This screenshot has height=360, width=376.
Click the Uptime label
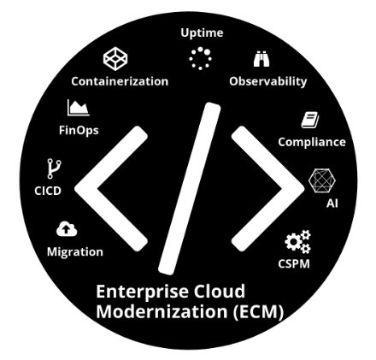[202, 33]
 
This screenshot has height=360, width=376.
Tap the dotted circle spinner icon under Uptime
[200, 58]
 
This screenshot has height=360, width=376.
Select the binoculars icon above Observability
[261, 59]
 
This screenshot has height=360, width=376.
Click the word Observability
[268, 82]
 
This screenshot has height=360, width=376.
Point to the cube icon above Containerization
[115, 59]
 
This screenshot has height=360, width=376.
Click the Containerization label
[120, 81]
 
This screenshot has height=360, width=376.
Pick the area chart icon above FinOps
[79, 108]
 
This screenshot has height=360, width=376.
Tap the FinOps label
[79, 131]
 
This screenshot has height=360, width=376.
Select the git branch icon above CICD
[54, 168]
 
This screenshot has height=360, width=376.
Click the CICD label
[48, 191]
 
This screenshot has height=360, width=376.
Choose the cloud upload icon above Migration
[67, 229]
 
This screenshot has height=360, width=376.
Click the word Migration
[75, 252]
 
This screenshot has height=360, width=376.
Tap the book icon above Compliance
[310, 120]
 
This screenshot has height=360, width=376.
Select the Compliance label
[312, 142]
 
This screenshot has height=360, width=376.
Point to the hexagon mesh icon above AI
[322, 180]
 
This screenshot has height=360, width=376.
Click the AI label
[332, 204]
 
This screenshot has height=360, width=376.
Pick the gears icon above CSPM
[297, 242]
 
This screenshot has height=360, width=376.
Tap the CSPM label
[294, 264]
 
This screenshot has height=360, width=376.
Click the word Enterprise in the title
[143, 292]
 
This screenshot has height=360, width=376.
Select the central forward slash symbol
[190, 189]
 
